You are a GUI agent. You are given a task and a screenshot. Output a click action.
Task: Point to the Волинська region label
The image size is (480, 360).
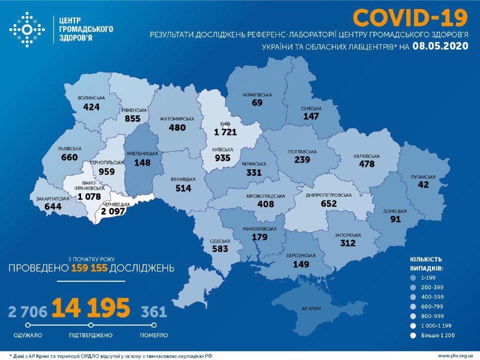(x=91, y=97)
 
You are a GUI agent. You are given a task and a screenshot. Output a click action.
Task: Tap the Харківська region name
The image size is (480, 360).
(x=366, y=155)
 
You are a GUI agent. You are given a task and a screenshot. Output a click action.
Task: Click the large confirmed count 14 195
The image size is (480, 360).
(x=90, y=308)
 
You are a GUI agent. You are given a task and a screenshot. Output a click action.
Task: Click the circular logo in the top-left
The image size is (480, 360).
(x=28, y=28)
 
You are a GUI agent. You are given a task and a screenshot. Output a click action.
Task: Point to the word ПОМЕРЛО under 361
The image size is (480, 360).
(x=154, y=334)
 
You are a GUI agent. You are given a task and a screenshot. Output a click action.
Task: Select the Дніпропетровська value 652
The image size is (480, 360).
(x=329, y=203)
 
